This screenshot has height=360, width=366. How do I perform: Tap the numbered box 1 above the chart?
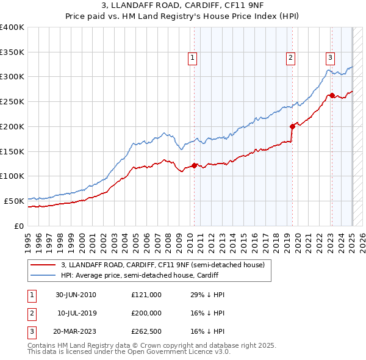point(192,58)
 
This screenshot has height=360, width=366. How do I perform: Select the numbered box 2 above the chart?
point(290,58)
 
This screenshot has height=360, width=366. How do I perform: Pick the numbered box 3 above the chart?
point(330,58)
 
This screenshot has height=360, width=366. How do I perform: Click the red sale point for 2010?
point(195,165)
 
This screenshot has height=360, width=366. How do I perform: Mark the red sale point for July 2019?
point(292,126)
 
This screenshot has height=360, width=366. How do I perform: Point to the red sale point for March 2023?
point(332,95)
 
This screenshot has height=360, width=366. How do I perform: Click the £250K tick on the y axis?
point(12,101)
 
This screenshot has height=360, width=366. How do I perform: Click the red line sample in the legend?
point(43,265)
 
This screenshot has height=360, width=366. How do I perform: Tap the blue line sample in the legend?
point(43,275)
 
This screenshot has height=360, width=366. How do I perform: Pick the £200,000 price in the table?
point(146,313)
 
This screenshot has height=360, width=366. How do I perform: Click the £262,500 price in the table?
point(146,331)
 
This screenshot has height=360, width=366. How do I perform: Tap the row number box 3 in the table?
point(30,331)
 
